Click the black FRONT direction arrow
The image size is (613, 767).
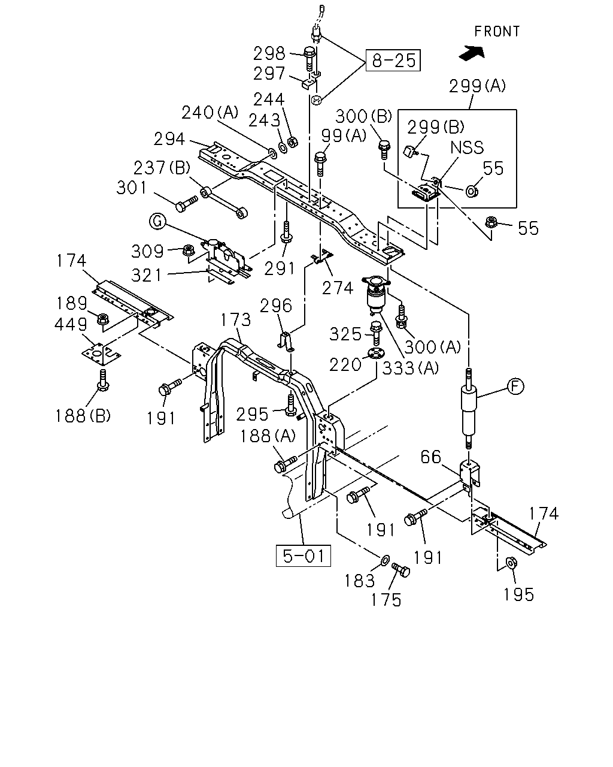click(472, 53)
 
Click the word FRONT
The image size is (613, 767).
click(497, 31)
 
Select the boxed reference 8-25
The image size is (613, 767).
click(393, 61)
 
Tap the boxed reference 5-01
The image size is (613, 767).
click(304, 555)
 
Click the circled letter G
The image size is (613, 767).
click(157, 221)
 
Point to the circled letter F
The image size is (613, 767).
click(515, 386)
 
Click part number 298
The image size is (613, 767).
click(269, 53)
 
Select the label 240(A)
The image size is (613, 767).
click(210, 113)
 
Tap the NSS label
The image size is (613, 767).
click(467, 147)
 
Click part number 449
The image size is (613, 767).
click(71, 324)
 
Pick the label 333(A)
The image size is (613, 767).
click(411, 368)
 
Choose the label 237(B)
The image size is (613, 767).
click(162, 168)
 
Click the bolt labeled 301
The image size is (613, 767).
click(186, 204)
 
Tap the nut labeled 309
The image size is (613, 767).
click(189, 250)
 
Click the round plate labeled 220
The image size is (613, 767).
click(376, 354)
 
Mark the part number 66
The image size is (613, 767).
click(430, 457)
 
